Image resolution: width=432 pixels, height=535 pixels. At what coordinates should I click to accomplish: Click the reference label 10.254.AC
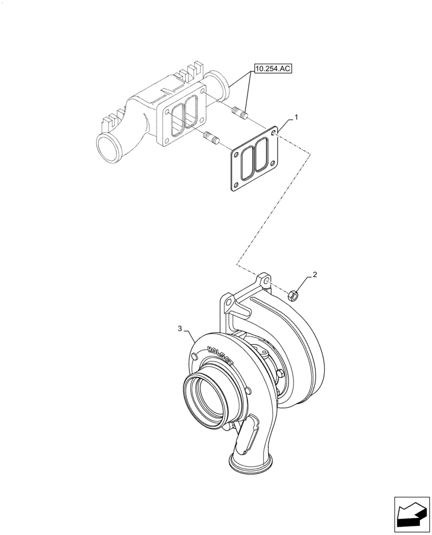[x=273, y=69]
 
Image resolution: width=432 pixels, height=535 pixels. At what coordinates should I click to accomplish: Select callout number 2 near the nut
[x=315, y=275]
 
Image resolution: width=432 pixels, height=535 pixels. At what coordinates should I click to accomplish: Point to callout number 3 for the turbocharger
[x=180, y=328]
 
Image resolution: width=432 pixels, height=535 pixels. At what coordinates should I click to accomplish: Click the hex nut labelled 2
[x=293, y=294]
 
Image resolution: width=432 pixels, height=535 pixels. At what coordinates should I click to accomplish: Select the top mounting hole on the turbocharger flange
[x=264, y=281]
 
